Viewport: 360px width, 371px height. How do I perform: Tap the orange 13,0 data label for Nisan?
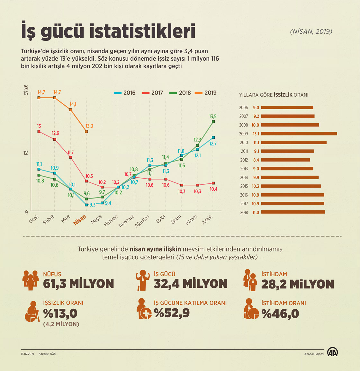89,126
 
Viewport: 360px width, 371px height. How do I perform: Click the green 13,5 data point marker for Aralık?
213,121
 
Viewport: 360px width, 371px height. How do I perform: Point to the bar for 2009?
299,134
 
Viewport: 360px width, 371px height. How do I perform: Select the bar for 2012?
285,160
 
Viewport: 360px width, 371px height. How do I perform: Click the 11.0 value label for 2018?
256,212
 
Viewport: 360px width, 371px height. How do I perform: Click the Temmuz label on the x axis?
126,221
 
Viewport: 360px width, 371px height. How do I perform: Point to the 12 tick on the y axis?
25,153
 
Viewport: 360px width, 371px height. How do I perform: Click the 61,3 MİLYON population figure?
78,284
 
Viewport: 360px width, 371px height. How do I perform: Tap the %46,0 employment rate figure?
280,314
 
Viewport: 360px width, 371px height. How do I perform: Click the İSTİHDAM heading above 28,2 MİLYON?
274,274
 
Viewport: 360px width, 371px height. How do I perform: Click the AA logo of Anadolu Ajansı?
332,352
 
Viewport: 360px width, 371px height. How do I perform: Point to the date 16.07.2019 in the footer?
27,354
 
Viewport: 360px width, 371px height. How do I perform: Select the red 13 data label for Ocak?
39,126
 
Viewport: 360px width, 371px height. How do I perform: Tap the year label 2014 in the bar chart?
244,177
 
